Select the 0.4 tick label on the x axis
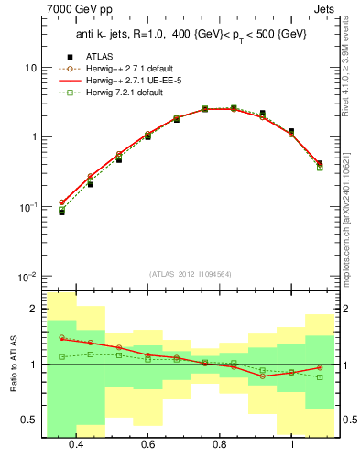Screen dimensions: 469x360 click(75, 444)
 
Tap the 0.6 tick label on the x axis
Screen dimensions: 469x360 click(147, 444)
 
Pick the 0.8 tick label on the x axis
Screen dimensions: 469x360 click(220, 444)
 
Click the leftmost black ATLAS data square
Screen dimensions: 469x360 click(61, 212)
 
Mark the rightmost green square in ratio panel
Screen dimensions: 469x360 click(320, 377)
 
